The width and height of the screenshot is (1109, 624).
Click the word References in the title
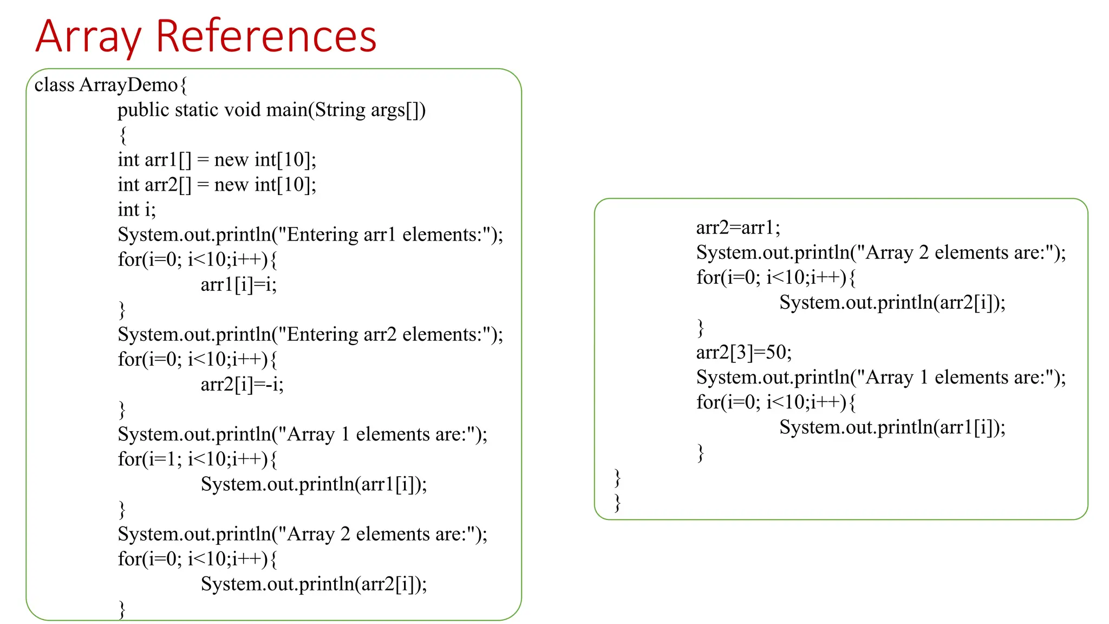tap(266, 37)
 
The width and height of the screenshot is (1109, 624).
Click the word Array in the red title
tap(88, 37)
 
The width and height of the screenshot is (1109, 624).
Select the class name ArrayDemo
tap(128, 85)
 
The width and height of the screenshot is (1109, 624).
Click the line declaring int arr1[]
tap(217, 160)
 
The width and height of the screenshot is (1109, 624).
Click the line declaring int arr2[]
tap(217, 185)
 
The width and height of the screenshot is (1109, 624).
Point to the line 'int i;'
tap(136, 210)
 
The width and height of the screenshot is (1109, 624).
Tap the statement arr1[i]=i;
tap(238, 284)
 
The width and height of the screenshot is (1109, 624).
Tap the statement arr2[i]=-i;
tap(242, 384)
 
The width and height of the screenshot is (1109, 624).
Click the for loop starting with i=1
tap(197, 459)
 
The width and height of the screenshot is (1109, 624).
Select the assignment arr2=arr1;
tap(738, 227)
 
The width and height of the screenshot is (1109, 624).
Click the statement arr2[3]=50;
tap(743, 353)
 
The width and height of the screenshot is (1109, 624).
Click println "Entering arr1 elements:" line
tap(310, 235)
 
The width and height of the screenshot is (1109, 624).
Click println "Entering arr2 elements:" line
tap(310, 335)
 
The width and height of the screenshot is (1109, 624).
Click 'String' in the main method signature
tap(340, 110)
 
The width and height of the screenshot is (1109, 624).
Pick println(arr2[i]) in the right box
tap(892, 302)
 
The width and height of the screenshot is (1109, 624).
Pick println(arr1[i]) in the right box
tap(892, 427)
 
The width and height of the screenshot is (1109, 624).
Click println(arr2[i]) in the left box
tap(314, 584)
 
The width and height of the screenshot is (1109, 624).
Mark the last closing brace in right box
tap(617, 502)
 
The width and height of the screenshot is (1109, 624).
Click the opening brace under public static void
tap(123, 135)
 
